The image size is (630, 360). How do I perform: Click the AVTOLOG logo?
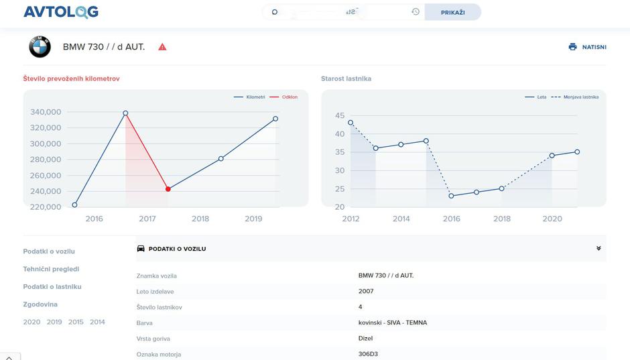click(61, 12)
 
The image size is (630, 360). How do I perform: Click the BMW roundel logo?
click(40, 47)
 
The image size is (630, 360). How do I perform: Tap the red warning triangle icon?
click(162, 47)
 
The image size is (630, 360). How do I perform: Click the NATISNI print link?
click(588, 47)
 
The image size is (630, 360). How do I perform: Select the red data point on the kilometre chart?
click(168, 189)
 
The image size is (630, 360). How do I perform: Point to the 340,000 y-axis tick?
click(46, 112)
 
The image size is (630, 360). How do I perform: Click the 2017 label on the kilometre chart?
click(147, 219)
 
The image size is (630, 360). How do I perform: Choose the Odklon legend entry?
click(286, 97)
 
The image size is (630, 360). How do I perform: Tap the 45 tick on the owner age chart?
click(340, 115)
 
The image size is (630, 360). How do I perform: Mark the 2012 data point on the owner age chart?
click(351, 123)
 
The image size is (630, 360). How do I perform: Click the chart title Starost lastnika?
click(346, 78)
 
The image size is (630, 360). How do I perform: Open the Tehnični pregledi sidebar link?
click(51, 269)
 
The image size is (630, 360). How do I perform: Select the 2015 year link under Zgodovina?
click(76, 322)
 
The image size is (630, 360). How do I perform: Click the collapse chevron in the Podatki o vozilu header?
click(598, 248)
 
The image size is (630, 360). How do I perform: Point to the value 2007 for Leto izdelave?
click(366, 291)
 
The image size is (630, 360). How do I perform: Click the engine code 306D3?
click(369, 354)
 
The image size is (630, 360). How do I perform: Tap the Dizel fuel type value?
click(365, 339)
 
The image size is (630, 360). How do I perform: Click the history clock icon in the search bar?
click(416, 11)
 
